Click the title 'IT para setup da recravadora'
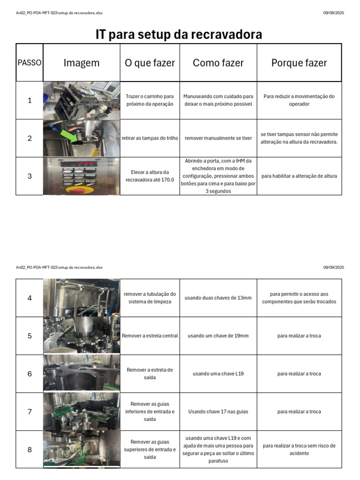[x=179, y=35]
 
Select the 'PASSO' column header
[x=30, y=63]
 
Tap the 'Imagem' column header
[x=82, y=63]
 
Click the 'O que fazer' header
[x=150, y=63]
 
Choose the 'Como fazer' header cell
[x=218, y=63]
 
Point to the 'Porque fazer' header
[x=299, y=63]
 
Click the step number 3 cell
[x=30, y=176]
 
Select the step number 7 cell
[x=30, y=412]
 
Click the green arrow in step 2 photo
[x=69, y=135]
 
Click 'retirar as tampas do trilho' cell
[x=150, y=138]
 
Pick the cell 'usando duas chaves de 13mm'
[x=218, y=298]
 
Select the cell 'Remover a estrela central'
[x=150, y=336]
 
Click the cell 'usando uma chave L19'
[x=218, y=374]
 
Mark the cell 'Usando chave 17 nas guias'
[x=218, y=412]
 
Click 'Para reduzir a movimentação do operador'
[x=299, y=100]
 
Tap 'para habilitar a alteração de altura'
[x=299, y=176]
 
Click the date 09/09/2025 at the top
[x=333, y=13]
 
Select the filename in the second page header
[x=59, y=267]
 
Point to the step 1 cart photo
[x=82, y=100]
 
